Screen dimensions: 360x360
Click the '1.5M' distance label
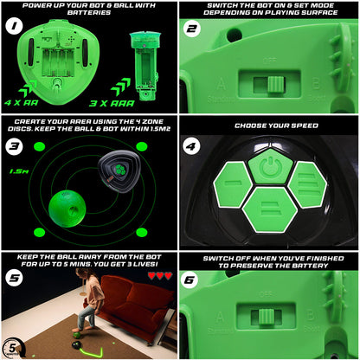17,171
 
